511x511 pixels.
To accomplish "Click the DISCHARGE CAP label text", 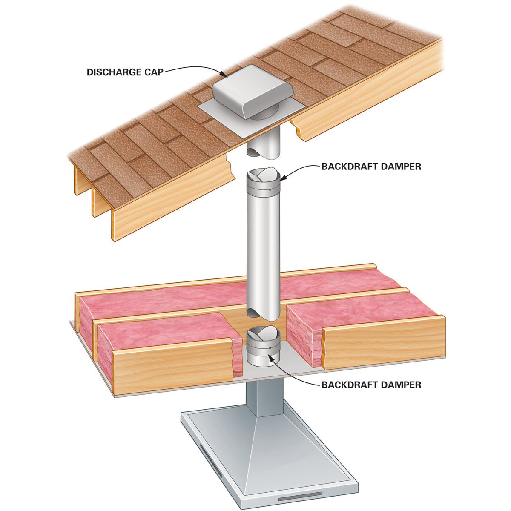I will coord(125,72).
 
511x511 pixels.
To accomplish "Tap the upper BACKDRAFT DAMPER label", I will coord(371,167).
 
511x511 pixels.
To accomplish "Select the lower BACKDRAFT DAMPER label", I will coord(371,385).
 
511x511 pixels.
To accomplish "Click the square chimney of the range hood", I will coord(264,396).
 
